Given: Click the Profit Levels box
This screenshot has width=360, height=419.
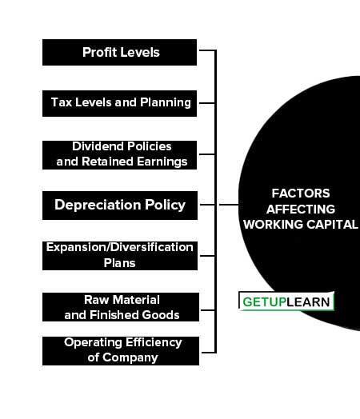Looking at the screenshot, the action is point(119,53).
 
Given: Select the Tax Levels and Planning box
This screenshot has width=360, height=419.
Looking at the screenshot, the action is point(119,103).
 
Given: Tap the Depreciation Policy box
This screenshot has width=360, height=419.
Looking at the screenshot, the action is point(120,206).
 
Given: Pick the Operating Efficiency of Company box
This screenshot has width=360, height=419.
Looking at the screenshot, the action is point(121,351).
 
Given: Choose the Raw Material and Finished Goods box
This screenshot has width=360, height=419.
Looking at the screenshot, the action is point(121,307).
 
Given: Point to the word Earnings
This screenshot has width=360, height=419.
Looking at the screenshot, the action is point(162,162).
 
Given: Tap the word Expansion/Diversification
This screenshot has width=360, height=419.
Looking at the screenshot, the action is point(119,247).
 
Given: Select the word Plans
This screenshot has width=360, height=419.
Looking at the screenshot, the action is point(119,263).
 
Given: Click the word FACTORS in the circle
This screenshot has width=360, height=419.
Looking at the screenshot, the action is point(301,194).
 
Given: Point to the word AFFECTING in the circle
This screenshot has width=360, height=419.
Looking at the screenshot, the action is point(301,209).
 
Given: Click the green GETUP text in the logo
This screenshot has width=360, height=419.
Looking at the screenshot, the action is point(264,302).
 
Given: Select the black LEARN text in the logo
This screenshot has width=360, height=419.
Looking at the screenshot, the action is point(308,302).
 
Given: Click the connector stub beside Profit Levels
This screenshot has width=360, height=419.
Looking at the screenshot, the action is point(207,50).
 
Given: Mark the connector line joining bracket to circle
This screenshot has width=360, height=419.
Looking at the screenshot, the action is point(229,205).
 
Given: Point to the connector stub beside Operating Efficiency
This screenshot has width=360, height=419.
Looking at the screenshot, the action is point(209,353).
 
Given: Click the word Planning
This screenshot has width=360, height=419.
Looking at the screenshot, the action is point(166,102).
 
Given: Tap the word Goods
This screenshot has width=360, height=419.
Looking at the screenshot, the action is point(161,315).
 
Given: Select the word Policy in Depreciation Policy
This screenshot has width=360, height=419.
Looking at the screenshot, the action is point(165,206).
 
